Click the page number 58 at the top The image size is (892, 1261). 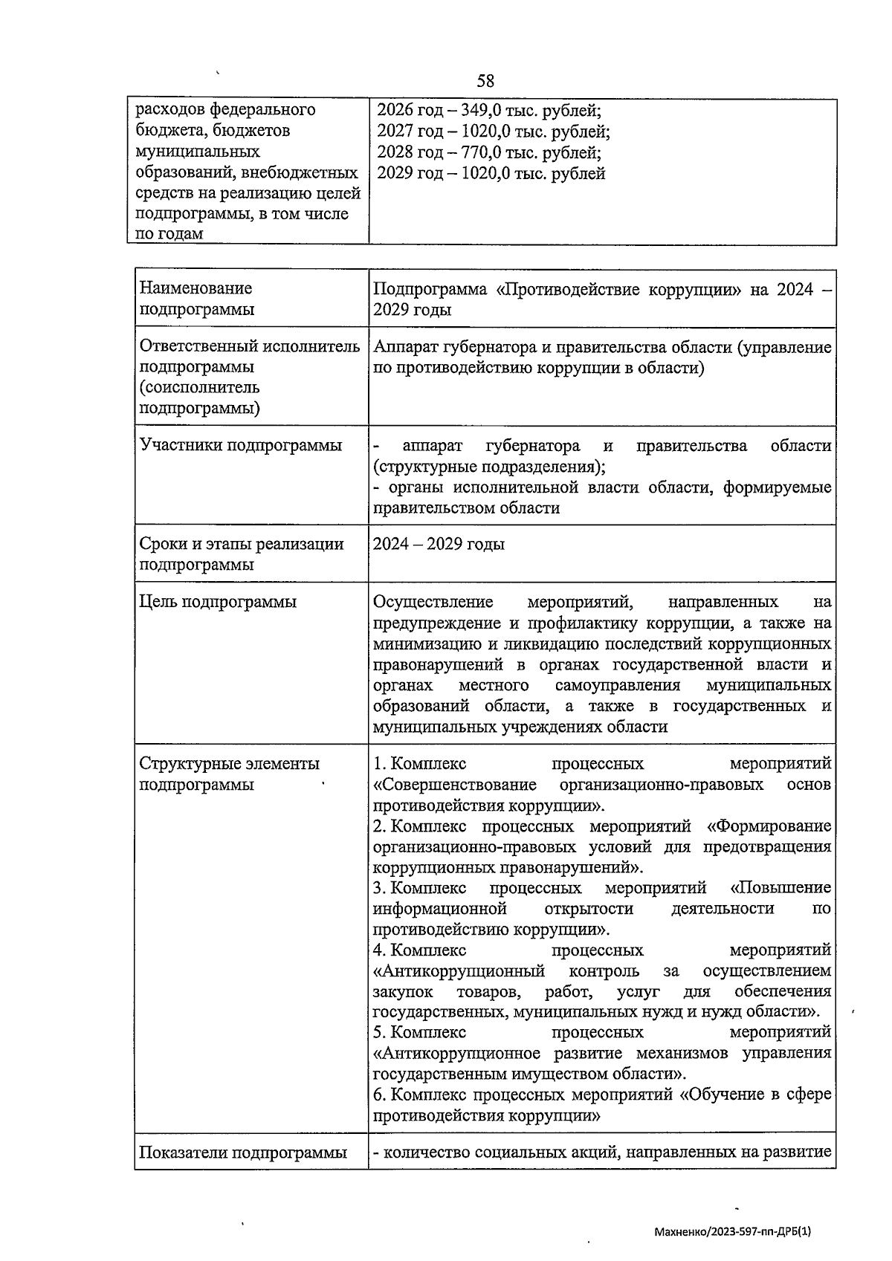pyautogui.click(x=485, y=80)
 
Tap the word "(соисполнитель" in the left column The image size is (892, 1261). pyautogui.click(x=200, y=387)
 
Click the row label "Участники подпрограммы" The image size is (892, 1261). pyautogui.click(x=241, y=446)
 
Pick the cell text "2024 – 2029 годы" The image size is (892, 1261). pyautogui.click(x=439, y=544)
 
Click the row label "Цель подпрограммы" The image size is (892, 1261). pyautogui.click(x=218, y=602)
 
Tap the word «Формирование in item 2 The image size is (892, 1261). pyautogui.click(x=769, y=826)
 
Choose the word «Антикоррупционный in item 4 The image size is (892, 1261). pyautogui.click(x=459, y=971)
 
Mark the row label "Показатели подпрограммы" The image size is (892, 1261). pyautogui.click(x=243, y=1153)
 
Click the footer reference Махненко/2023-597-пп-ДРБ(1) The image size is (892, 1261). pyautogui.click(x=732, y=1231)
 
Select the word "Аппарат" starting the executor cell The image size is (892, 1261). pyautogui.click(x=405, y=346)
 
